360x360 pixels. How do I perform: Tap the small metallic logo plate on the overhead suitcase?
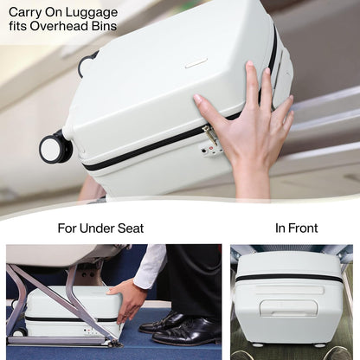pos(196,63)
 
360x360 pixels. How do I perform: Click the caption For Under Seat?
pos(100,228)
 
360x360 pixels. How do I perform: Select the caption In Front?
pos(296,228)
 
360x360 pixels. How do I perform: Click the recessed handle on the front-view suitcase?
pos(288,308)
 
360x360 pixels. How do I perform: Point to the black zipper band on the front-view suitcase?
pos(289,278)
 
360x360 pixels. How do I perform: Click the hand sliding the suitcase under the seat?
pos(131,299)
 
